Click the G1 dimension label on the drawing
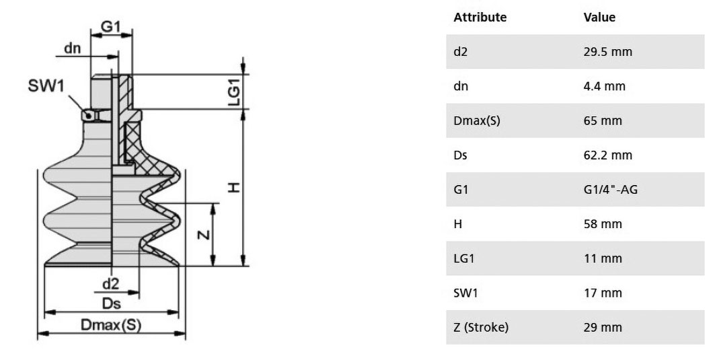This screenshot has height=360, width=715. coord(111,26)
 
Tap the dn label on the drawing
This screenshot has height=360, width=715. coord(73,48)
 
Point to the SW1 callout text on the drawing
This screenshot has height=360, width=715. coord(46,85)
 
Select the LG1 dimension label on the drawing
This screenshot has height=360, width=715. coord(234,92)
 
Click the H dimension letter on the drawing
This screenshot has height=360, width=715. coord(233,188)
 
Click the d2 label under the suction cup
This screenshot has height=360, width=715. coord(110,284)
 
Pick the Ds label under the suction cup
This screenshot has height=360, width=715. coord(111,303)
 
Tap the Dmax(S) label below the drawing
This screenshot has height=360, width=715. coord(111,325)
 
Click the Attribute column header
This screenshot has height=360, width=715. coord(480,17)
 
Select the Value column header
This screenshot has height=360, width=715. coord(599,17)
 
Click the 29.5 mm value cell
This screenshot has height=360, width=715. coord(608,52)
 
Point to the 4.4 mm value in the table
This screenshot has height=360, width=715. coord(604,86)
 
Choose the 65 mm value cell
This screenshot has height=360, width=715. coord(603,121)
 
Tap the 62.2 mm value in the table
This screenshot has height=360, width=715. coord(608,155)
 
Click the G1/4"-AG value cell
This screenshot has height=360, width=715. coord(611,189)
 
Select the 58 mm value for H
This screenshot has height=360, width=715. coord(603,224)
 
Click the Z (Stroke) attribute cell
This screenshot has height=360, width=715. coord(481,328)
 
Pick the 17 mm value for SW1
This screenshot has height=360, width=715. coord(603,293)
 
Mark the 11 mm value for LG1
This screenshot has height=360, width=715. coord(603,258)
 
